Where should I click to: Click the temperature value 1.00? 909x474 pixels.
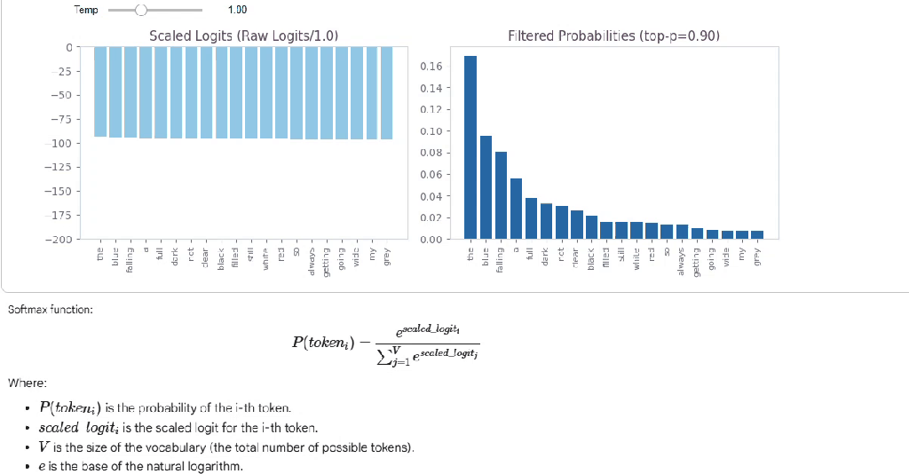[237, 10]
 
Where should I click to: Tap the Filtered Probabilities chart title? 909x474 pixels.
[613, 36]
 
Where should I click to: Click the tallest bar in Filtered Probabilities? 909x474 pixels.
[470, 147]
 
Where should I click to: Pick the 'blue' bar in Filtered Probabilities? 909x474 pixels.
[486, 187]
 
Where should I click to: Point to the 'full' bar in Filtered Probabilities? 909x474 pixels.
[531, 218]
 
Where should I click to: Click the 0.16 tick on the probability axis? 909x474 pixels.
[429, 67]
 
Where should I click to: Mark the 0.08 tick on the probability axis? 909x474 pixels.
[429, 153]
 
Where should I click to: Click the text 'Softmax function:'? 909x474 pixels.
[50, 310]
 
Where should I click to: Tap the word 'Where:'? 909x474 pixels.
[27, 383]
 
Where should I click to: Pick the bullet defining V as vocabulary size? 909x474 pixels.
[226, 446]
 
